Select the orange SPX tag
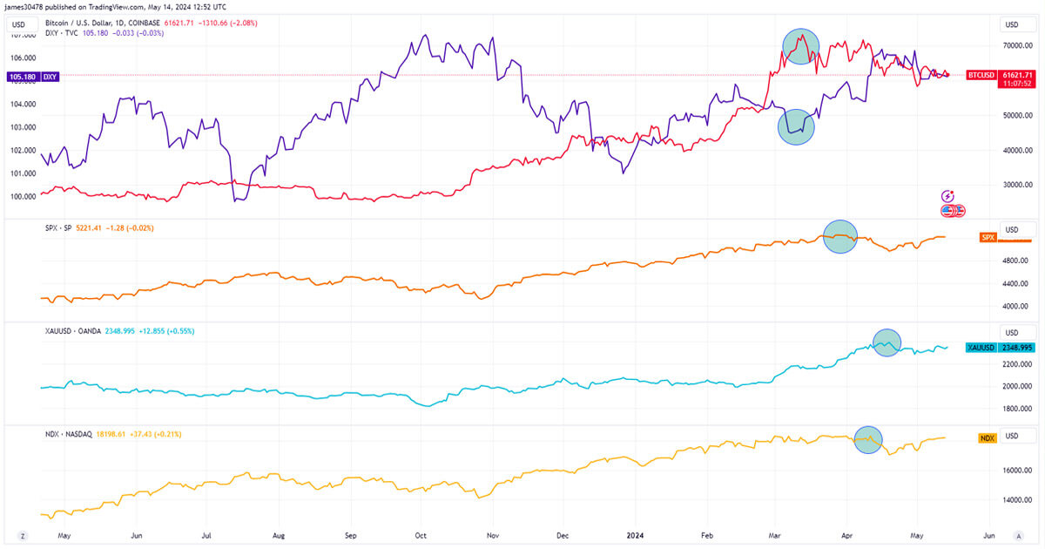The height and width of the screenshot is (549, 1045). [x=988, y=237]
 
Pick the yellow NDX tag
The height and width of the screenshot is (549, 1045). [x=988, y=437]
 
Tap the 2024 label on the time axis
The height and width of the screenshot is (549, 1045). [x=636, y=535]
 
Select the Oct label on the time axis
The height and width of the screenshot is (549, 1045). [x=421, y=535]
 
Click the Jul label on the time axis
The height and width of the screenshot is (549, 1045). [x=207, y=535]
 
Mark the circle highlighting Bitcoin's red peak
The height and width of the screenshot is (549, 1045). [x=801, y=46]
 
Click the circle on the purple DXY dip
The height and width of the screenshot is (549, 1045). [x=796, y=127]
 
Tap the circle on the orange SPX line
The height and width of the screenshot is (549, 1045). [x=840, y=236]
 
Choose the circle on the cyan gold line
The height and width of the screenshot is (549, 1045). [x=887, y=343]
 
